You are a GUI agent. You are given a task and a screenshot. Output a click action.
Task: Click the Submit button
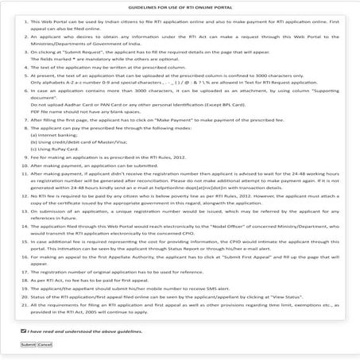pos(28,344)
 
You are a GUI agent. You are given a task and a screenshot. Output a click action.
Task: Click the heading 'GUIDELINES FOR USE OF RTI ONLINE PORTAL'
pos(180,6)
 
